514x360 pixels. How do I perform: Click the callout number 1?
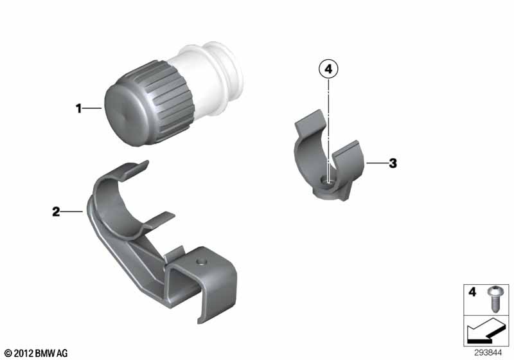point(78,108)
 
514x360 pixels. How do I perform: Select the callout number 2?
point(56,212)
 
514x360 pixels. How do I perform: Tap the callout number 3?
point(393,163)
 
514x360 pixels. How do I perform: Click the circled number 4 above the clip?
point(328,69)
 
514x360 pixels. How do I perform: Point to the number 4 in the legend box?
point(472,292)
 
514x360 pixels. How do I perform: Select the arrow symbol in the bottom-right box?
point(486,331)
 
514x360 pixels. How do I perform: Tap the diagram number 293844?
point(488,353)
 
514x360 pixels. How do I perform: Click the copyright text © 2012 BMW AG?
point(37,353)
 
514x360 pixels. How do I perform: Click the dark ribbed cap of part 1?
point(149,104)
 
